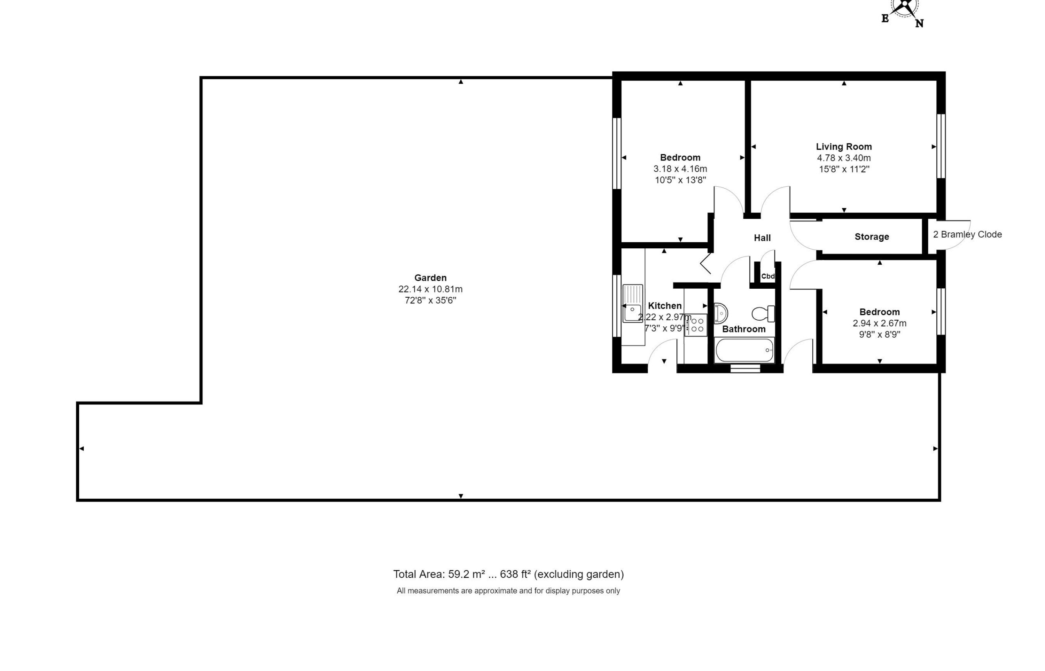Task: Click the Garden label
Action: pos(430,278)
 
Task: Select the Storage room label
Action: pos(872,236)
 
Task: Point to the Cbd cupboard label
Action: pos(768,276)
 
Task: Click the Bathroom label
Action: pos(744,329)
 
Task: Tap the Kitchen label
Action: pos(665,305)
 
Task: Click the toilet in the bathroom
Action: pos(763,314)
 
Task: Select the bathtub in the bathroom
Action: pos(745,350)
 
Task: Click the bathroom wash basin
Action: pos(720,313)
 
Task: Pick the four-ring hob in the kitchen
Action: pos(695,325)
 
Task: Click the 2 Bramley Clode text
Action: pos(967,234)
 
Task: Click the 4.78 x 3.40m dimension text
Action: pos(844,158)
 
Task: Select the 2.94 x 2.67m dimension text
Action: pos(880,323)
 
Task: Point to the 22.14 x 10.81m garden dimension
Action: pos(430,289)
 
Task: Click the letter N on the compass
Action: pos(919,24)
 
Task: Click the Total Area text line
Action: pos(509,574)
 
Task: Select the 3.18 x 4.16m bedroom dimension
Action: pos(680,169)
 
